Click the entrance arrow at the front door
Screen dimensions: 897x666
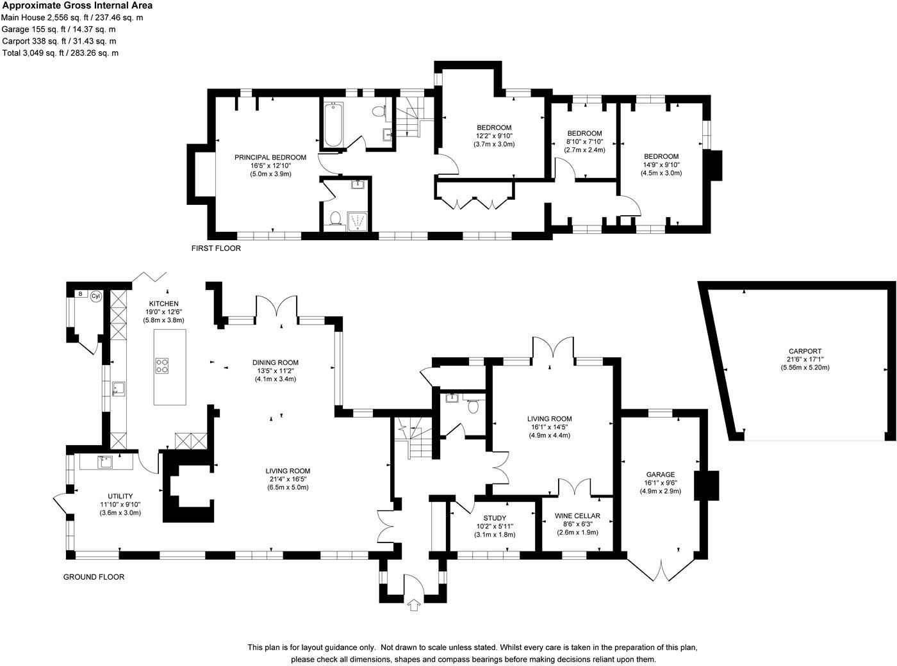tap(414, 605)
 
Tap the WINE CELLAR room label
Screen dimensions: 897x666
tap(577, 516)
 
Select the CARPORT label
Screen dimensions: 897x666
tap(805, 351)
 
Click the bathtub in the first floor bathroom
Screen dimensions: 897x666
tap(334, 124)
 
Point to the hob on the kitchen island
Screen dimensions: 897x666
tap(161, 366)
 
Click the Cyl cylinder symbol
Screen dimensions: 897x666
tap(96, 296)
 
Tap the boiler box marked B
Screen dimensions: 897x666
tap(81, 294)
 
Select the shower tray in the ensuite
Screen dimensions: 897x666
tap(357, 221)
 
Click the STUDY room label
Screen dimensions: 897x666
tap(495, 517)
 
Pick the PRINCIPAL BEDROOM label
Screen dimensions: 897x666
tap(270, 158)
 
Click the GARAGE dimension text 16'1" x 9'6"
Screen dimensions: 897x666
tap(661, 482)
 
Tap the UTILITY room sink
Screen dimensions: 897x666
tap(104, 462)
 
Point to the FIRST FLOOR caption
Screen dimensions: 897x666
tap(216, 248)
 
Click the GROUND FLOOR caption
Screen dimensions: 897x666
tap(94, 576)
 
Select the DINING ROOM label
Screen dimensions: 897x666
tap(276, 362)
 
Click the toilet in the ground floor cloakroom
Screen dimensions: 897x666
tap(472, 405)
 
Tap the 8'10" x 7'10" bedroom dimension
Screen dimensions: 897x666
tap(584, 142)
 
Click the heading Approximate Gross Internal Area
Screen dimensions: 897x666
tap(78, 5)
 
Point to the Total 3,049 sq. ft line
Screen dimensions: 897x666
tap(60, 53)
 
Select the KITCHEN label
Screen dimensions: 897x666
tap(164, 304)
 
